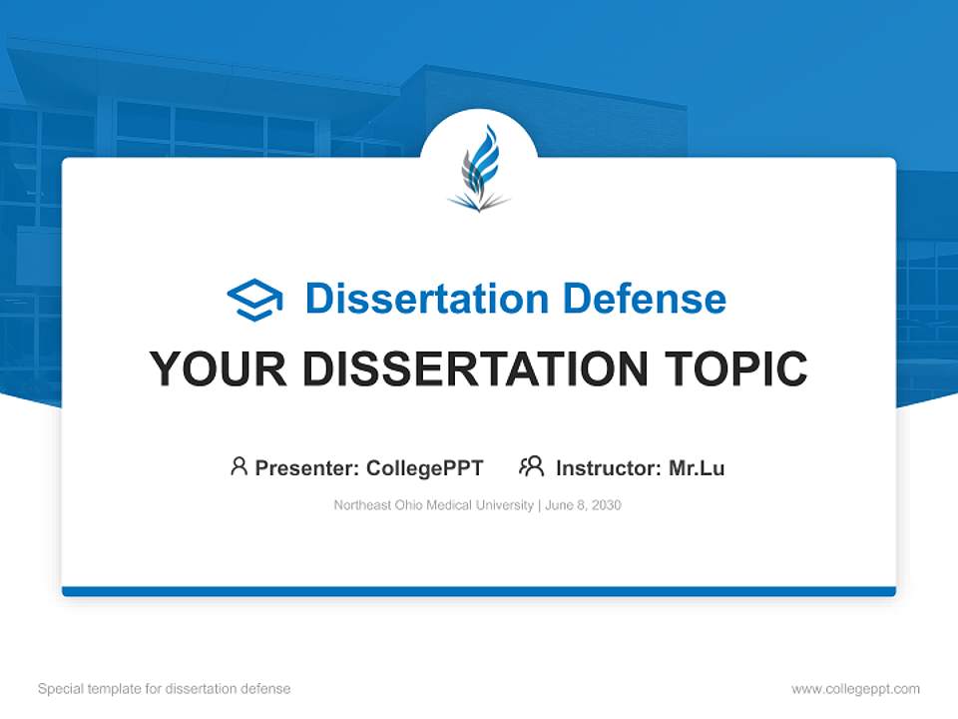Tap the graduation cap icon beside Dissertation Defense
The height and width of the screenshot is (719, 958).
pyautogui.click(x=254, y=300)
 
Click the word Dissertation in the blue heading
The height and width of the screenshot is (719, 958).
pyautogui.click(x=426, y=299)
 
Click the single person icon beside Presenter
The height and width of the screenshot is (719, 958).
pyautogui.click(x=239, y=466)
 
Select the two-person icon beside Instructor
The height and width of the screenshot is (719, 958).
pyautogui.click(x=531, y=466)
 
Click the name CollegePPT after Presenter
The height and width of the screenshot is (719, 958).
pyautogui.click(x=424, y=467)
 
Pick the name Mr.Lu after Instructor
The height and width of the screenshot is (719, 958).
pyautogui.click(x=697, y=467)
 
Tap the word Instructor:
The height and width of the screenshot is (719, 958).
pyautogui.click(x=609, y=467)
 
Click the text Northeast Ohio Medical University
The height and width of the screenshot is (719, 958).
pyautogui.click(x=434, y=505)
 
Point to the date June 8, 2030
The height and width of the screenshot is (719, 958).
pyautogui.click(x=583, y=505)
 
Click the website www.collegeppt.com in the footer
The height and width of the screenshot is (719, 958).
pyautogui.click(x=855, y=689)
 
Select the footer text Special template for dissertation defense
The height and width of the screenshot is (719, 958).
pyautogui.click(x=165, y=689)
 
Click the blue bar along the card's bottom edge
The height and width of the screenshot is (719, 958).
pyautogui.click(x=479, y=591)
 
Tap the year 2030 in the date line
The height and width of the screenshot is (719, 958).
pyautogui.click(x=606, y=505)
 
